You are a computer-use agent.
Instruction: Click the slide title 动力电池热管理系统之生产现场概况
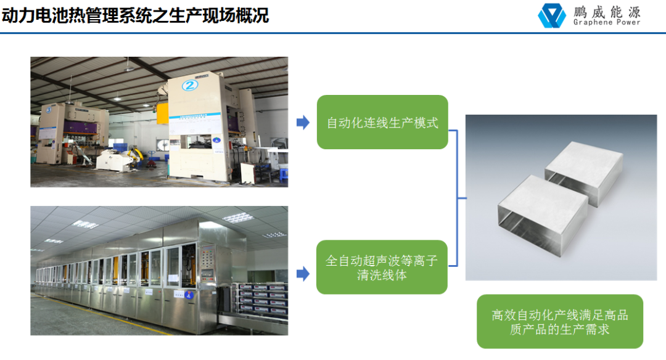tap(135, 15)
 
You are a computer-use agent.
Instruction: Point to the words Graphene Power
tap(607, 23)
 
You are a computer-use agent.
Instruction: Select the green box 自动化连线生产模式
tap(382, 122)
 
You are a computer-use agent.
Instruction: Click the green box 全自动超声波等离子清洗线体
tap(382, 268)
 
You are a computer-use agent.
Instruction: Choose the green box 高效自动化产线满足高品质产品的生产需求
tap(559, 322)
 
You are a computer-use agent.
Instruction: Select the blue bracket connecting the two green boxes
tap(457, 198)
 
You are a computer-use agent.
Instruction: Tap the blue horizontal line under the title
tap(333, 33)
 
